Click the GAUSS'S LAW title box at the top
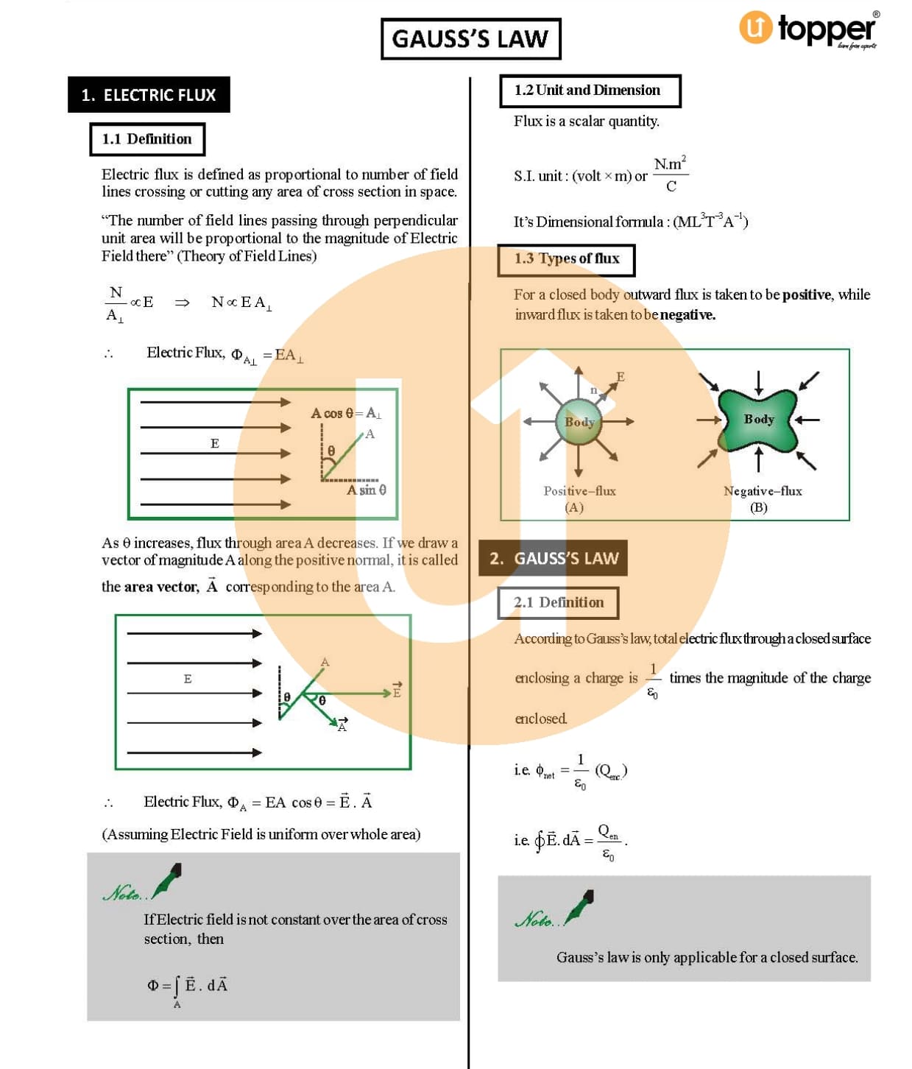click(x=470, y=39)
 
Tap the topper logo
click(x=808, y=29)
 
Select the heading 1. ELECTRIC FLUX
click(x=149, y=95)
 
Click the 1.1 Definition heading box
click(x=147, y=139)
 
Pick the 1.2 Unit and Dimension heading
click(x=589, y=91)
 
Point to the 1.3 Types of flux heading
click(x=566, y=259)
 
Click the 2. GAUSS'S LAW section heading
click(x=553, y=558)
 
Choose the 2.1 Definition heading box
click(x=558, y=602)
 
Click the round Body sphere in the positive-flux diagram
click(x=579, y=422)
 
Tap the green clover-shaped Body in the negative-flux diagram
click(x=758, y=420)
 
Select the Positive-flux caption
click(x=579, y=491)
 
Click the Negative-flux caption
click(x=762, y=491)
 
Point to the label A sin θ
click(x=366, y=490)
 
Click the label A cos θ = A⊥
click(x=345, y=413)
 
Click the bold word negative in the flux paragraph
click(x=687, y=315)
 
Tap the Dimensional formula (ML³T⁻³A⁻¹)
click(x=710, y=221)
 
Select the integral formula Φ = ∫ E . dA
click(x=188, y=987)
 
